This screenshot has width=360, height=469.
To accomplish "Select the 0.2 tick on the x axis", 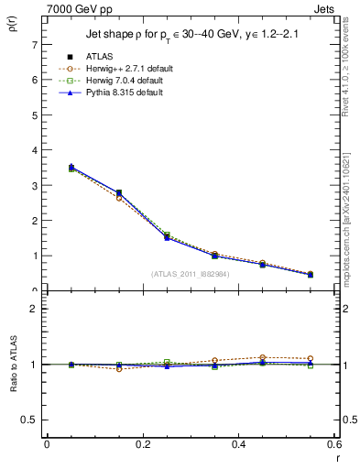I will point(142,444).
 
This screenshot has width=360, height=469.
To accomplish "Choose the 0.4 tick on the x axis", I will point(238,444).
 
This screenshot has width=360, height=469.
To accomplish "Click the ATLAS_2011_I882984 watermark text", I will point(190,274).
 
